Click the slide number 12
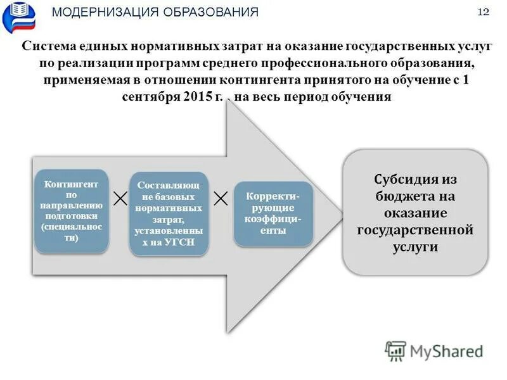(x=483, y=13)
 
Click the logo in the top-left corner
(x=19, y=17)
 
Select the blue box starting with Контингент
(x=71, y=211)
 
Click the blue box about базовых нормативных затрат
(x=168, y=213)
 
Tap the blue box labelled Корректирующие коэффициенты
(x=273, y=213)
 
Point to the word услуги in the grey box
(x=415, y=247)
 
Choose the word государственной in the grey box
(x=415, y=230)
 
